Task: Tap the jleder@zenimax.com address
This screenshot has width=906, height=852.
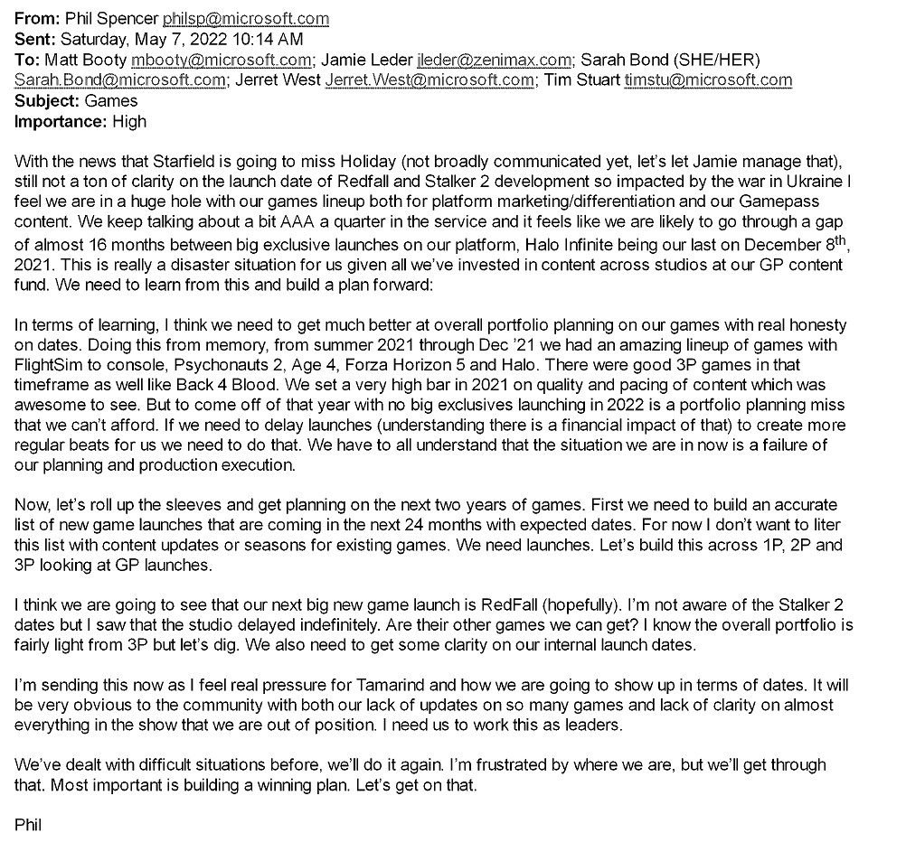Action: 495,60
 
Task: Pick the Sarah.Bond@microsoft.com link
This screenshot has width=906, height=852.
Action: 120,80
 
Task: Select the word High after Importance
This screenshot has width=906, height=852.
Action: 128,121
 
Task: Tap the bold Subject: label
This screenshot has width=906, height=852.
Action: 48,100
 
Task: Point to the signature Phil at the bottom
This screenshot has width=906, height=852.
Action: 29,824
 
